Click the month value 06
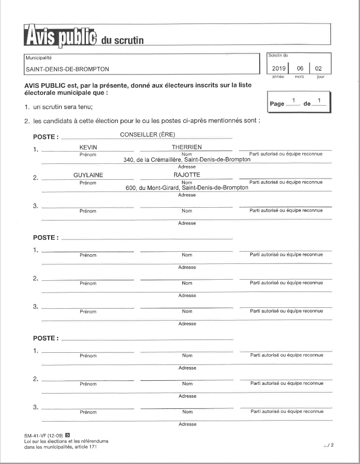click(300, 68)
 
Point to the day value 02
click(319, 68)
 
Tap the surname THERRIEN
click(187, 148)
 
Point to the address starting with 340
click(187, 160)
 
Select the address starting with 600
click(187, 187)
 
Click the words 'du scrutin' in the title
click(123, 40)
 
